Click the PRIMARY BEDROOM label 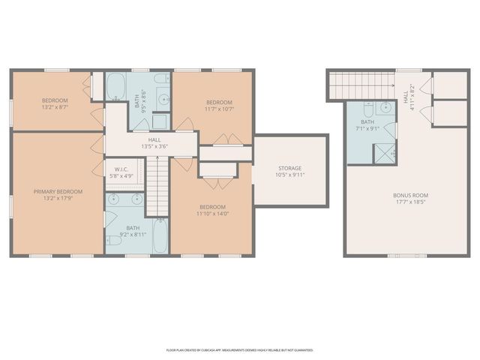point(58,192)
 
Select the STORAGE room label point(289,168)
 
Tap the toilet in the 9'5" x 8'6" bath point(160,79)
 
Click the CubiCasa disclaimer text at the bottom point(239,349)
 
